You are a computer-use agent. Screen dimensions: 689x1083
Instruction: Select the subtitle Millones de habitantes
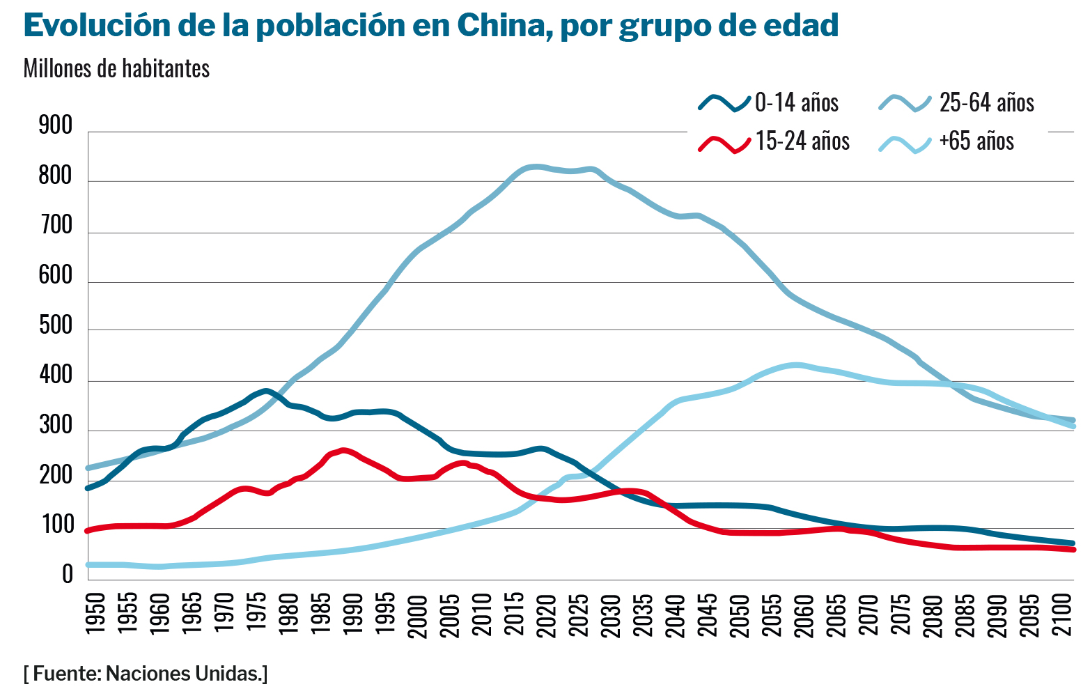coord(116,68)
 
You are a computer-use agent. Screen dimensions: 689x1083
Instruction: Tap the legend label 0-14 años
coord(797,102)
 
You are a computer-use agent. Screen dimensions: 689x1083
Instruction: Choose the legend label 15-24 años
coord(802,141)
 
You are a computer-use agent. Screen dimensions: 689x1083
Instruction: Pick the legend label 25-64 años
coord(986,102)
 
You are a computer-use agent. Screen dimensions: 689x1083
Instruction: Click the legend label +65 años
coord(976,141)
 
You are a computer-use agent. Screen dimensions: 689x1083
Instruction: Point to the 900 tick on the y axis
coord(56,126)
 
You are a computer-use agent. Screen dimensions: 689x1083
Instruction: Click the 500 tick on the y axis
coord(56,326)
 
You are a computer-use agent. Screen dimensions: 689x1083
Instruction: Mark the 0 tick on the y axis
coord(68,575)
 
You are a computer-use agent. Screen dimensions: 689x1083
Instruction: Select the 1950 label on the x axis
coord(95,614)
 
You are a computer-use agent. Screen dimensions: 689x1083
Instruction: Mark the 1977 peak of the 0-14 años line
coord(265,391)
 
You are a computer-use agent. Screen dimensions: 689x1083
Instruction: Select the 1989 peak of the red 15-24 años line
coord(343,450)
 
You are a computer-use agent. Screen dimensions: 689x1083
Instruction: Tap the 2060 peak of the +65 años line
coord(797,364)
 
